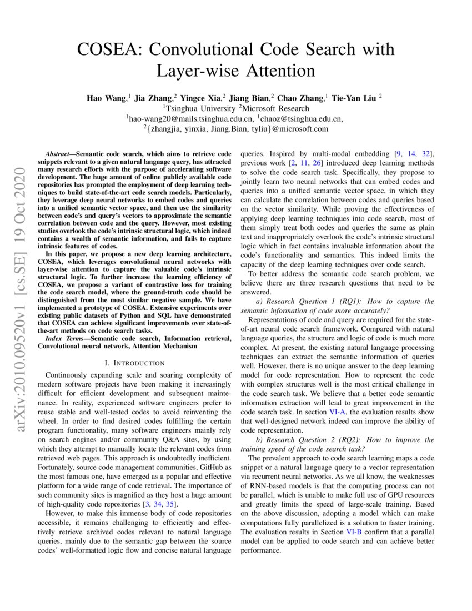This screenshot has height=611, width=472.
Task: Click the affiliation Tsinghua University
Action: coord(199,108)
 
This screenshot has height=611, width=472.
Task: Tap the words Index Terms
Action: coord(61,338)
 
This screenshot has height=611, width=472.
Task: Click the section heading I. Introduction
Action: coord(134,363)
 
